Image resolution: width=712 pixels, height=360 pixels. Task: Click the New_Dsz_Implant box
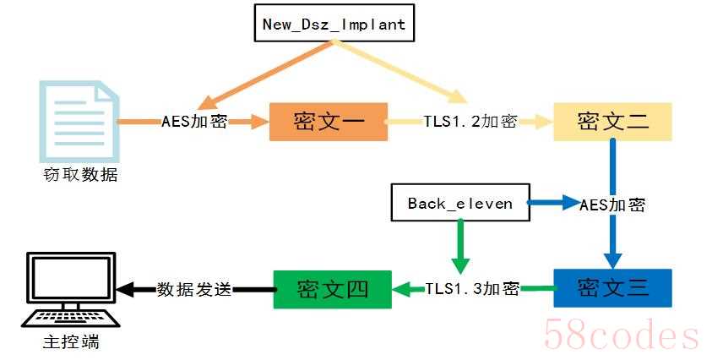point(334,24)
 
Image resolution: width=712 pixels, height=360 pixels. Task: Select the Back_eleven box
point(459,204)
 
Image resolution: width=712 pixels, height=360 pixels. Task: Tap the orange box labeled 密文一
point(328,122)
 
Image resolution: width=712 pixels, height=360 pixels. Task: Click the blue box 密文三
point(612,287)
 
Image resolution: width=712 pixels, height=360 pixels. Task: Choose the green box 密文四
point(332,288)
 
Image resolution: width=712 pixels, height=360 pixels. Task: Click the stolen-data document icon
point(78,120)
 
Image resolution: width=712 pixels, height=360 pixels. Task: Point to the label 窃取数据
point(80,175)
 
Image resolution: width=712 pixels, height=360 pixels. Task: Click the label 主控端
point(70,344)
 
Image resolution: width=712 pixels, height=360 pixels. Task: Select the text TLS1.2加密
point(470,122)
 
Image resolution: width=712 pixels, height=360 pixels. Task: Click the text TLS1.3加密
point(471,288)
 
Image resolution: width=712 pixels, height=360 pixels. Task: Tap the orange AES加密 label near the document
point(194,122)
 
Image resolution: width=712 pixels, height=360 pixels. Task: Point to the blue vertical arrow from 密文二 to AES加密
point(612,165)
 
